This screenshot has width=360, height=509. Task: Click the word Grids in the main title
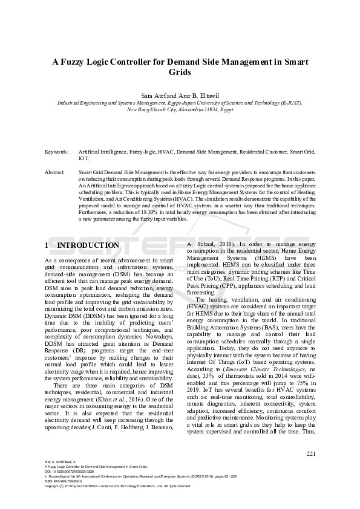pyautogui.click(x=180, y=73)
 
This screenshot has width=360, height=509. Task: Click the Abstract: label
pyautogui.click(x=55, y=173)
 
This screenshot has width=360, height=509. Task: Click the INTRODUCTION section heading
pyautogui.click(x=88, y=245)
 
